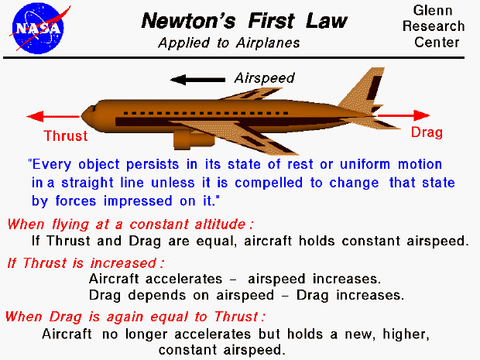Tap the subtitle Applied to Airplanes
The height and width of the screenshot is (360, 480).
point(228,43)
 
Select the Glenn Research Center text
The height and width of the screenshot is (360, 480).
point(439,26)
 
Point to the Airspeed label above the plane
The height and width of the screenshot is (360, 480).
point(264,78)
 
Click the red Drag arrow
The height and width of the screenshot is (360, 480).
point(419,115)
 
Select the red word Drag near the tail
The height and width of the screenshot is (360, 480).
point(427,132)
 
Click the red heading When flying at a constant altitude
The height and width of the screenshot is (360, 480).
point(131,225)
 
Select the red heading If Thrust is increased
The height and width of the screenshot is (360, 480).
point(86,262)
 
